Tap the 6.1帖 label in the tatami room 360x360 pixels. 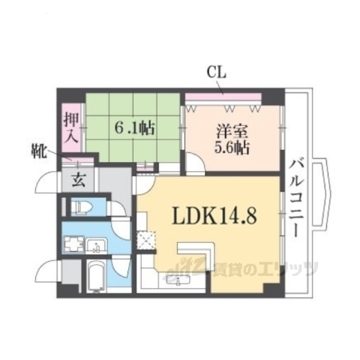pos(135,127)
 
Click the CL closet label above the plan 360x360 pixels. pos(217,72)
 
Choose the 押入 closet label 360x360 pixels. pos(71,127)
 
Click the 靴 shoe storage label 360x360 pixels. pos(40,152)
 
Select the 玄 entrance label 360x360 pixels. pos(79,179)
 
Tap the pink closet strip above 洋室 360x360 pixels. pos(223,94)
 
